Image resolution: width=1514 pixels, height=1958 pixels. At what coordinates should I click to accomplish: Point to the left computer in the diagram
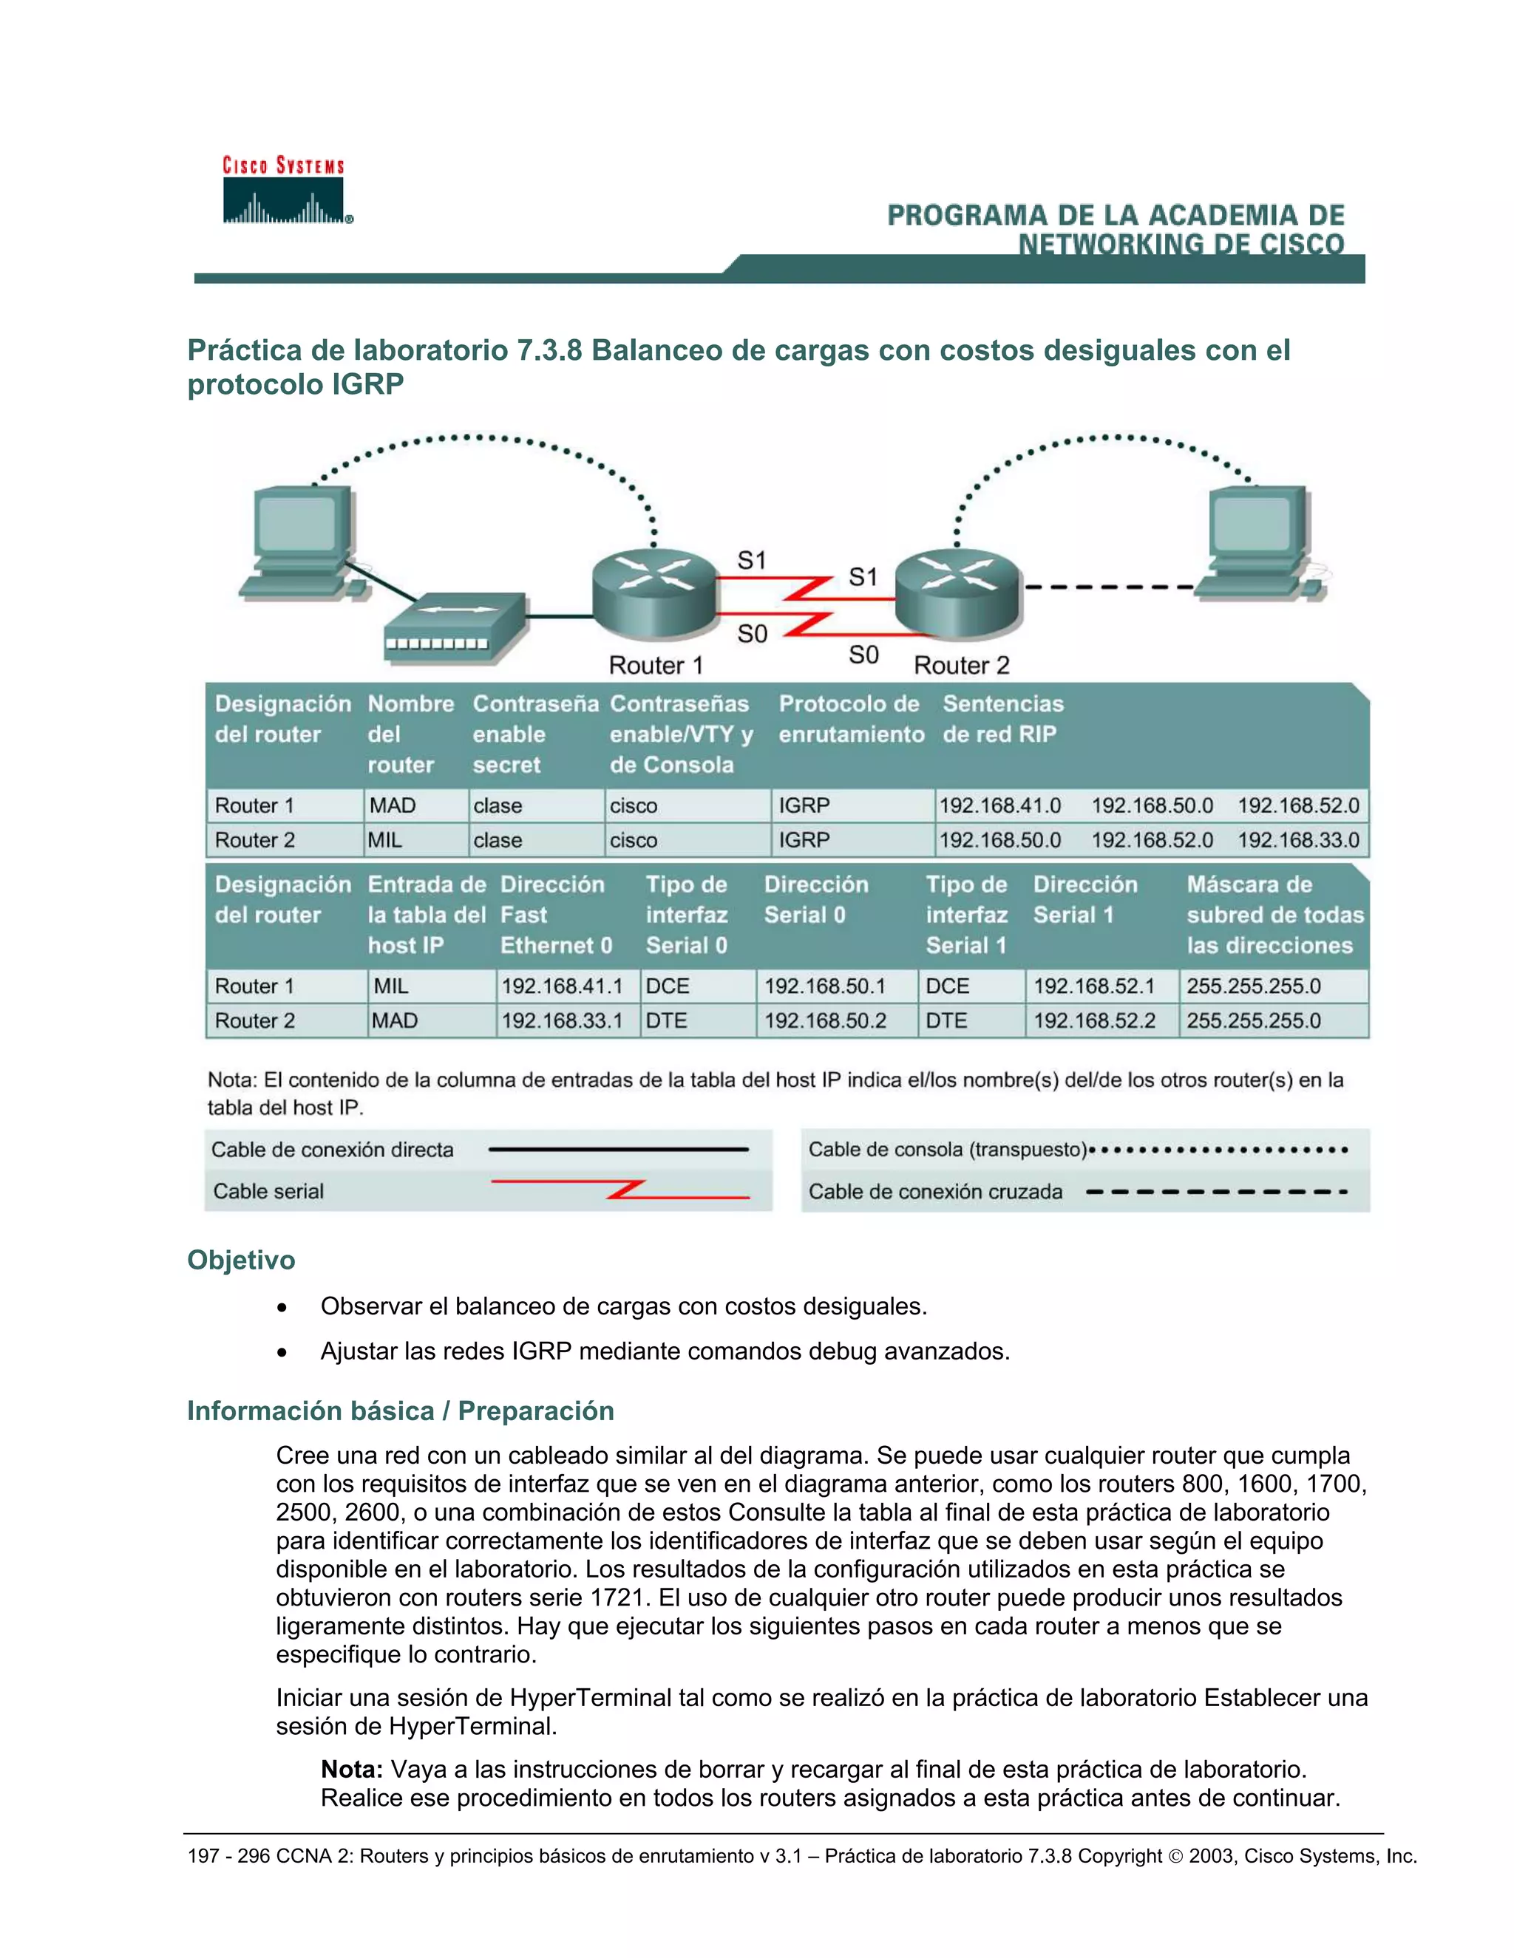pos(303,545)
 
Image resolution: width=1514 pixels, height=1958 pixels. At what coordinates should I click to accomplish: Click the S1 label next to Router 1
pos(752,562)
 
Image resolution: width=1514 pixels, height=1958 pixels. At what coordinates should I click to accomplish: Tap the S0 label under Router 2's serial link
pos(863,655)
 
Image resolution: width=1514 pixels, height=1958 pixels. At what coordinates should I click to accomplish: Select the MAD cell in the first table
pos(393,805)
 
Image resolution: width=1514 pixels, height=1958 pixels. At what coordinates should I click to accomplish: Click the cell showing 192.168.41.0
pos(999,805)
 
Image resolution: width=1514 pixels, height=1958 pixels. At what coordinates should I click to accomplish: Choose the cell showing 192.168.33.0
pos(1298,840)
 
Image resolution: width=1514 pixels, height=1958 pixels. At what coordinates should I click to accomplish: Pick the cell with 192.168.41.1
pos(562,986)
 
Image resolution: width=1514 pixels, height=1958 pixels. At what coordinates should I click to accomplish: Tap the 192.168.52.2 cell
pos(1094,1020)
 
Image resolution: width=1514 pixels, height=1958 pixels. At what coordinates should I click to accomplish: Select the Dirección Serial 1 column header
pos(1085,899)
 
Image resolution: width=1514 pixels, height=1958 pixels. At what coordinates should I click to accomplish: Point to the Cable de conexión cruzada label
pos(934,1192)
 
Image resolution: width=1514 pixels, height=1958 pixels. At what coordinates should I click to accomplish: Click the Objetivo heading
pos(240,1260)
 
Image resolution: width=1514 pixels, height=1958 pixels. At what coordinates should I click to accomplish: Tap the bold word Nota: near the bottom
pos(352,1769)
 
